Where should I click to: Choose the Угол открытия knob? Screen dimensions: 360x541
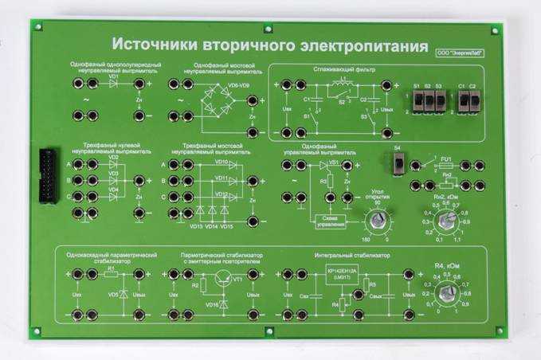[x=374, y=217]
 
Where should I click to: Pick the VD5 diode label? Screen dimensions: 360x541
[x=113, y=294]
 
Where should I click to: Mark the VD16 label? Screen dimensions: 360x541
[x=211, y=304]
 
